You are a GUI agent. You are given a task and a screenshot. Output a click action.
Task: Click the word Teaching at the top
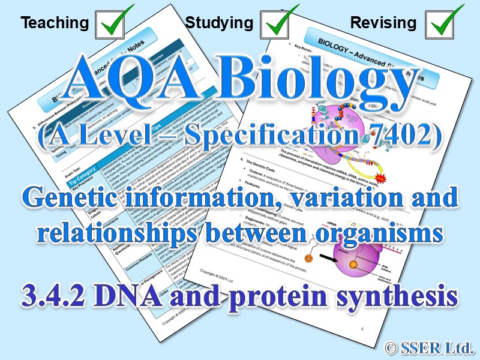(55, 23)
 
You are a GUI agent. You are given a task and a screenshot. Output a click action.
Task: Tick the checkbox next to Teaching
(115, 23)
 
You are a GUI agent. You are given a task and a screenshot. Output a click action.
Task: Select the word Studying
(219, 23)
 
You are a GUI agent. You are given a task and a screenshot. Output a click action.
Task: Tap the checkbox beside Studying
(280, 23)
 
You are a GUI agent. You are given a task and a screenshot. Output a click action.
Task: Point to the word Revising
(383, 23)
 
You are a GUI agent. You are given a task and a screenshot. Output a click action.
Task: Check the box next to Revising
(444, 23)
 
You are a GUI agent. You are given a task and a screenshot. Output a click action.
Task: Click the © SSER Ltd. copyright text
(429, 346)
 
